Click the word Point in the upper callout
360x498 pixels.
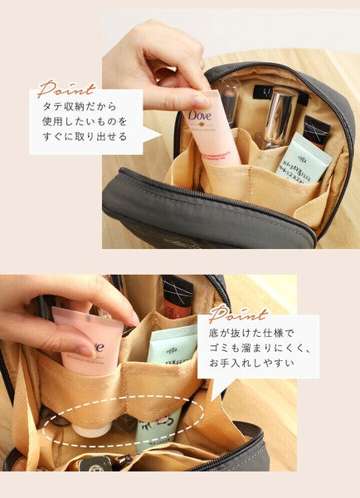(x=66, y=89)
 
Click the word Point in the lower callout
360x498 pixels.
(x=237, y=315)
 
